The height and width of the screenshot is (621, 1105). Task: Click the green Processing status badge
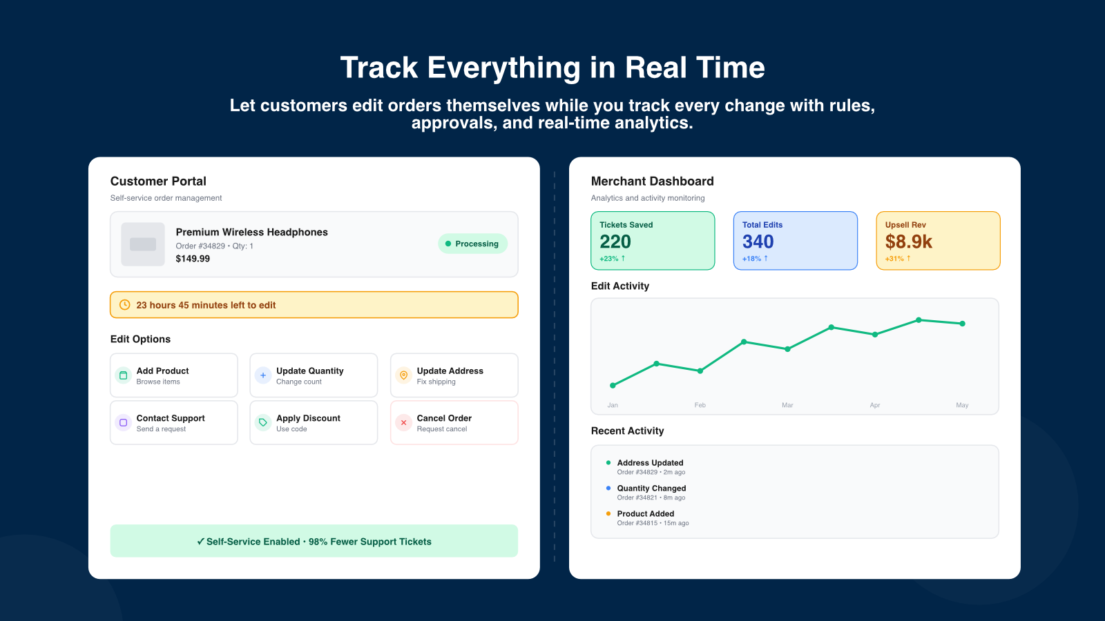472,244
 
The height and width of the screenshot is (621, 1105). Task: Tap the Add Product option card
173,375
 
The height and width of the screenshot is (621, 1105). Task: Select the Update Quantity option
314,375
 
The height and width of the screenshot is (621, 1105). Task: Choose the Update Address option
454,375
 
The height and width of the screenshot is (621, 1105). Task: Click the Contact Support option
173,423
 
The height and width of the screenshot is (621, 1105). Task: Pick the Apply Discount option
314,423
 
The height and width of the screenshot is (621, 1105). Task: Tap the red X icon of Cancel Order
403,423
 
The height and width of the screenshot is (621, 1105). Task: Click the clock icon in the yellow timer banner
125,305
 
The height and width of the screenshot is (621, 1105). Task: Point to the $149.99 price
193,259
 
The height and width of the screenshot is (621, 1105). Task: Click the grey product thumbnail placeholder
143,244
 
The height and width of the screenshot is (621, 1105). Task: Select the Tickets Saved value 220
615,242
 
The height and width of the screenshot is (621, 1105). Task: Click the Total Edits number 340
758,242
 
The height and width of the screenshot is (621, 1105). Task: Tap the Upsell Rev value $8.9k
908,242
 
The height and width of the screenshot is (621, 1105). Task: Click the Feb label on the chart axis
700,405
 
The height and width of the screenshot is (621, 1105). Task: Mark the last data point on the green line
962,324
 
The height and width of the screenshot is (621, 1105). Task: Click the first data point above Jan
613,385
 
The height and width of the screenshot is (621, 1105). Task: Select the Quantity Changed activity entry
651,492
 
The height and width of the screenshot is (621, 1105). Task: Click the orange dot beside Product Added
608,513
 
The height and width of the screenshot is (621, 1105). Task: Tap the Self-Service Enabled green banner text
314,542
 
